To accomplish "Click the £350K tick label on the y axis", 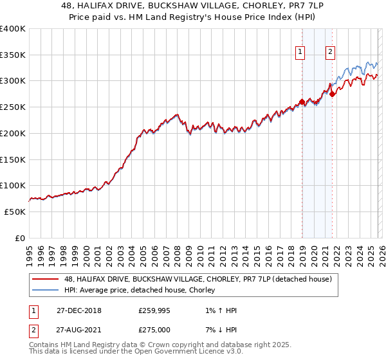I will point(12,55).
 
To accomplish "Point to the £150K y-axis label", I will point(12,159).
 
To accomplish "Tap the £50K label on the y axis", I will point(15,212).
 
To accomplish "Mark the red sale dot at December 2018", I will point(302,102).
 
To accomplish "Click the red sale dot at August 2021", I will point(332,94).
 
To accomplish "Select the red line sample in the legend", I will point(46,279).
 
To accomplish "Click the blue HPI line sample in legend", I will point(46,291).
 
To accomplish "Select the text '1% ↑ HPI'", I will point(219,310).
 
